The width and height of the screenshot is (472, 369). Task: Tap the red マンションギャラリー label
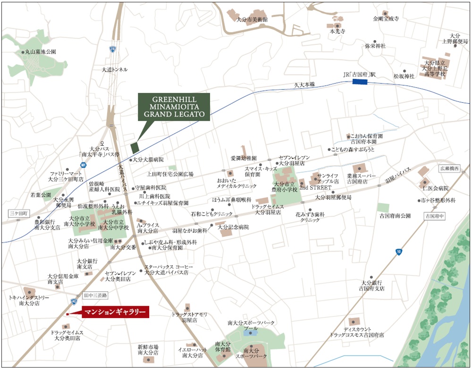point(115,311)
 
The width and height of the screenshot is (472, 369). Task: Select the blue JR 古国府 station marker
point(361,82)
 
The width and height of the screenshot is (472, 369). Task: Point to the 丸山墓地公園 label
point(40,51)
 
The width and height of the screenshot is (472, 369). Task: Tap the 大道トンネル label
point(115,69)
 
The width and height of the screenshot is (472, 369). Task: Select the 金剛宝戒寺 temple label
point(386,19)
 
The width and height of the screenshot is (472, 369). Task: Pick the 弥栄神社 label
point(375,46)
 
